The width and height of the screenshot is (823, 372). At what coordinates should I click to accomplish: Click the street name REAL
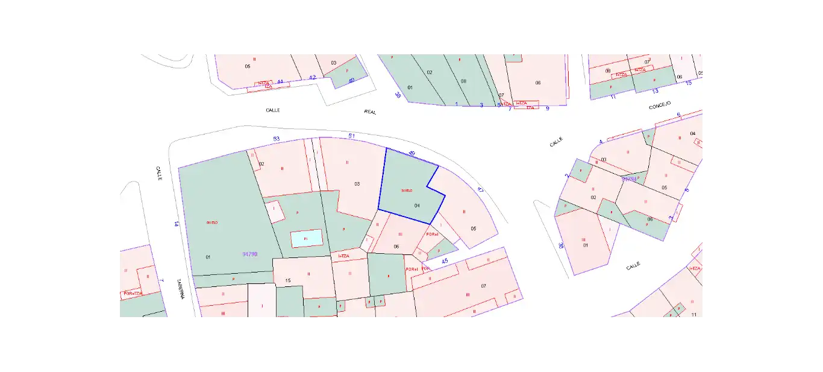click(x=370, y=112)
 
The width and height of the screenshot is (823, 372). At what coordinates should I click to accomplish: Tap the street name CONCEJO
click(x=660, y=106)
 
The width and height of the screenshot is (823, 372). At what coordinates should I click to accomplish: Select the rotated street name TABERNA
click(x=180, y=290)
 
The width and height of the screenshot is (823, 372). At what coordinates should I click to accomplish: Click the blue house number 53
click(x=277, y=139)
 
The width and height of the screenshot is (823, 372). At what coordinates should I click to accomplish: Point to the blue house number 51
click(x=352, y=136)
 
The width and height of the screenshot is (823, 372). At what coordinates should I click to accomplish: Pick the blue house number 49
click(x=412, y=154)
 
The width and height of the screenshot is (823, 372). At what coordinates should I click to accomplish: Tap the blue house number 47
click(x=480, y=190)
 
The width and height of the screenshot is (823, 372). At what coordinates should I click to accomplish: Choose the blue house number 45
click(x=445, y=261)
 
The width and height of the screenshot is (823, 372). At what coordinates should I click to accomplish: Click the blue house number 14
click(x=176, y=224)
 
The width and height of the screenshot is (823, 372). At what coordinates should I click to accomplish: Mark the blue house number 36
click(x=560, y=245)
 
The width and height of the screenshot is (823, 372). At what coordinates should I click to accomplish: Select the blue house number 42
click(x=312, y=78)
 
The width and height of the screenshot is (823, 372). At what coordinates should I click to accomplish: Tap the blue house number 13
click(x=656, y=91)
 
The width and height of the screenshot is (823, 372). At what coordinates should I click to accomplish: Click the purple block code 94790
click(x=250, y=254)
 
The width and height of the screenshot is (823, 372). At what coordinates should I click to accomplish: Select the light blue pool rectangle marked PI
click(x=306, y=239)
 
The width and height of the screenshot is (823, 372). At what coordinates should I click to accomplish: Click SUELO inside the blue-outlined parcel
click(x=407, y=191)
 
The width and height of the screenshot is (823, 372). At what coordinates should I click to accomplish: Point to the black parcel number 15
click(x=288, y=280)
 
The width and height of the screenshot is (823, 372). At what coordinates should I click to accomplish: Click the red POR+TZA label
click(x=132, y=294)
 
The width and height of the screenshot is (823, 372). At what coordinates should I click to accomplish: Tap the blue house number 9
click(x=548, y=109)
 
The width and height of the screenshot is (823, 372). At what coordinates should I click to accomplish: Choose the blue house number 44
click(x=280, y=81)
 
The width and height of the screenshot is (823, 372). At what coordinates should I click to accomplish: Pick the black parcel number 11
click(x=694, y=315)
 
